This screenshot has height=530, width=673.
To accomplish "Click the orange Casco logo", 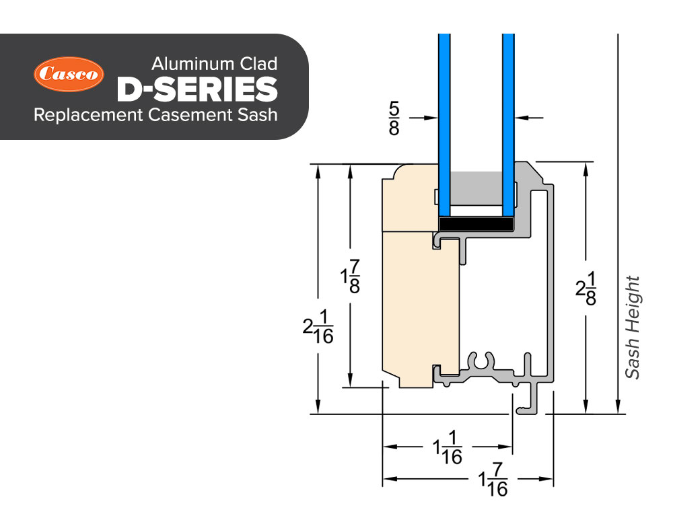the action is (x=69, y=74).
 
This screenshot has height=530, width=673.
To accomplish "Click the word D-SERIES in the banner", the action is (x=197, y=89).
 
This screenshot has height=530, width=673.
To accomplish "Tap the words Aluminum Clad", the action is (x=214, y=64).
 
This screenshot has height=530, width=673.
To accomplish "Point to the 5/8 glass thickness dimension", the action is (x=394, y=118).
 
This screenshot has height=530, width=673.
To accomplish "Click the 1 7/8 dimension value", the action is (x=350, y=276).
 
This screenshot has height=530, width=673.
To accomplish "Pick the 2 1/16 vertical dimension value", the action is (x=318, y=327).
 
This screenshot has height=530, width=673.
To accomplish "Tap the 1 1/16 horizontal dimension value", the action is (x=448, y=447).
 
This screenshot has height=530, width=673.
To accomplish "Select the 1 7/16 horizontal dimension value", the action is (x=493, y=480).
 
